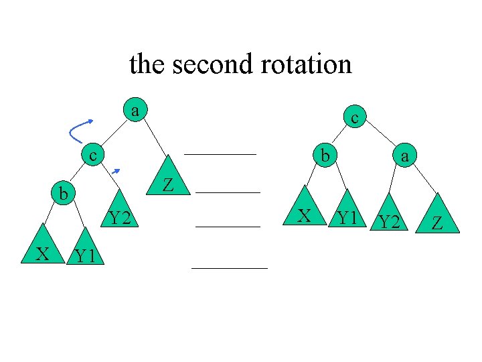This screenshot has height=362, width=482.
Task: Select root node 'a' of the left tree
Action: click(135, 109)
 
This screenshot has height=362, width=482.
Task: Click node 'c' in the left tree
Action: click(94, 156)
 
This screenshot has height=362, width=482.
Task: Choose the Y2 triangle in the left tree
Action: click(119, 214)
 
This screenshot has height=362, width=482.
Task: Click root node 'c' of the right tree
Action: click(355, 118)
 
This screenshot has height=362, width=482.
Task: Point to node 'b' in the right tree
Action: click(324, 156)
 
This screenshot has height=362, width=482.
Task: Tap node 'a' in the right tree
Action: click(403, 156)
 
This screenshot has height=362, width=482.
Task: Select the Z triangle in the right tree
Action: click(438, 218)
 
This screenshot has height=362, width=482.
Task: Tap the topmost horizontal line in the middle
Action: click(220, 154)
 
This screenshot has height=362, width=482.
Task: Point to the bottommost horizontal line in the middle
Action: click(229, 267)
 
